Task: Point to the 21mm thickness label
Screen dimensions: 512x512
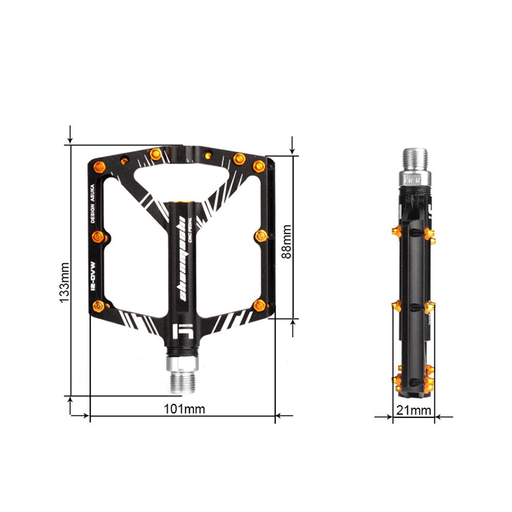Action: pyautogui.click(x=414, y=410)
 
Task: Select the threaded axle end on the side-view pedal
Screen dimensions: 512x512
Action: pyautogui.click(x=415, y=160)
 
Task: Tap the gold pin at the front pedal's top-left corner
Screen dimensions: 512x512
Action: pyautogui.click(x=100, y=166)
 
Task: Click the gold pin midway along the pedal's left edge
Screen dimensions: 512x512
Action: pyautogui.click(x=98, y=236)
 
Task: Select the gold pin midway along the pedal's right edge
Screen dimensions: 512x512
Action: pyautogui.click(x=261, y=236)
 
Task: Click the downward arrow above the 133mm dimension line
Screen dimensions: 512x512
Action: pyautogui.click(x=71, y=136)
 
